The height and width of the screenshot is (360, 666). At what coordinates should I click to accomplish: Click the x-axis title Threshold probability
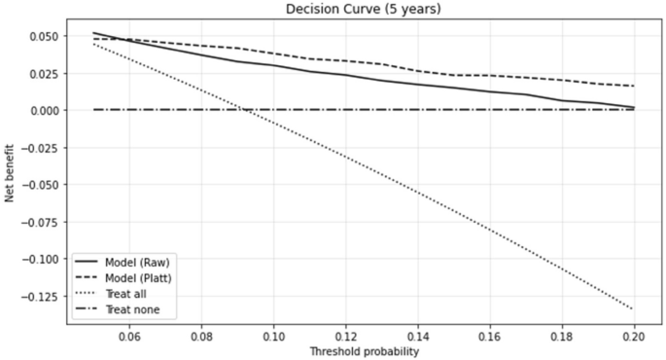pos(364,351)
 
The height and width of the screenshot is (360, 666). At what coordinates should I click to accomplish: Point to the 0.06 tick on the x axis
pos(129,337)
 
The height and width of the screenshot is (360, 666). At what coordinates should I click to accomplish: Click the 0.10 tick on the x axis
pos(274,337)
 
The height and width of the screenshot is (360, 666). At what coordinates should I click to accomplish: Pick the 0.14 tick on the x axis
pos(418,337)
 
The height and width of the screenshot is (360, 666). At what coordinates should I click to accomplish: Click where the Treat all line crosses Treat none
pos(243,110)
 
